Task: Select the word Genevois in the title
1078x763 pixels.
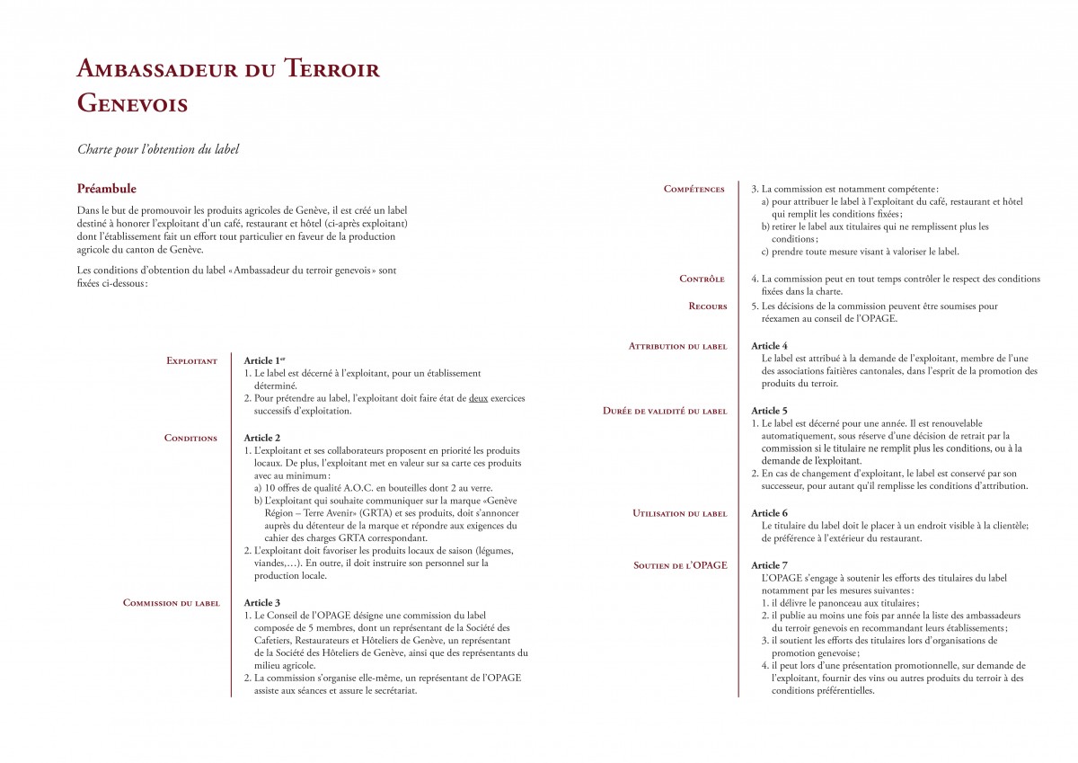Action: pos(132,103)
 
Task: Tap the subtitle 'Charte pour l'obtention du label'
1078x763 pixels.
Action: pos(158,149)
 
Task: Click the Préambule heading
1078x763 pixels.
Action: pos(107,189)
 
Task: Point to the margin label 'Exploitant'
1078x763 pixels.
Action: pos(191,361)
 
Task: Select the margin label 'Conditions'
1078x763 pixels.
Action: pos(190,439)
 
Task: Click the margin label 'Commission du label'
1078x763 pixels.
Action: pos(171,603)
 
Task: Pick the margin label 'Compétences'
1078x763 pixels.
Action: pos(694,189)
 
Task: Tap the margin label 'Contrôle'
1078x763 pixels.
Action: pos(702,279)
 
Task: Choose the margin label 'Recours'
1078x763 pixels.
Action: pos(707,306)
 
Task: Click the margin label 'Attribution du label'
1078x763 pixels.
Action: pos(677,346)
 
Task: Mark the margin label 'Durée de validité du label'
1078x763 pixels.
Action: pos(664,412)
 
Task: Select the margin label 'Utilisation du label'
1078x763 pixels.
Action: pos(679,514)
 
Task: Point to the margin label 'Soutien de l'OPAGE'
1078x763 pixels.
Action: pos(680,565)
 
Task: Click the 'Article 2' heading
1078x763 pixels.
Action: pos(262,438)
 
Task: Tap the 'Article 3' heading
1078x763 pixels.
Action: pos(262,602)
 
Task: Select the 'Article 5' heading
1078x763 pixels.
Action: pos(769,411)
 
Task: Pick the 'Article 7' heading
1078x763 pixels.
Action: pos(769,565)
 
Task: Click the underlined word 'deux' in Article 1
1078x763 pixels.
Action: pos(478,398)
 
